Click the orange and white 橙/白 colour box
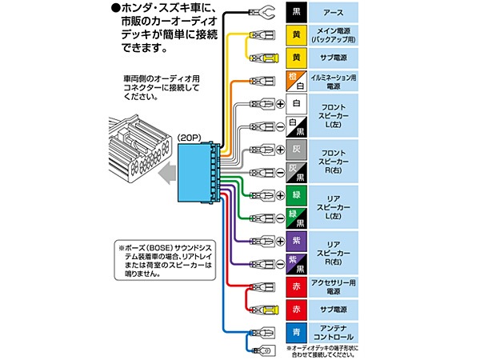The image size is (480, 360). click(x=295, y=80)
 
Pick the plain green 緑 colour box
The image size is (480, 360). click(x=295, y=194)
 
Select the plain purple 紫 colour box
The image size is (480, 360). click(x=295, y=240)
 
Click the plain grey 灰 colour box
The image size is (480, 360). click(x=295, y=149)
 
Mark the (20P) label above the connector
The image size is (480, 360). click(x=190, y=136)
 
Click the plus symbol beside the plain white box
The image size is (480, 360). click(x=281, y=103)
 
